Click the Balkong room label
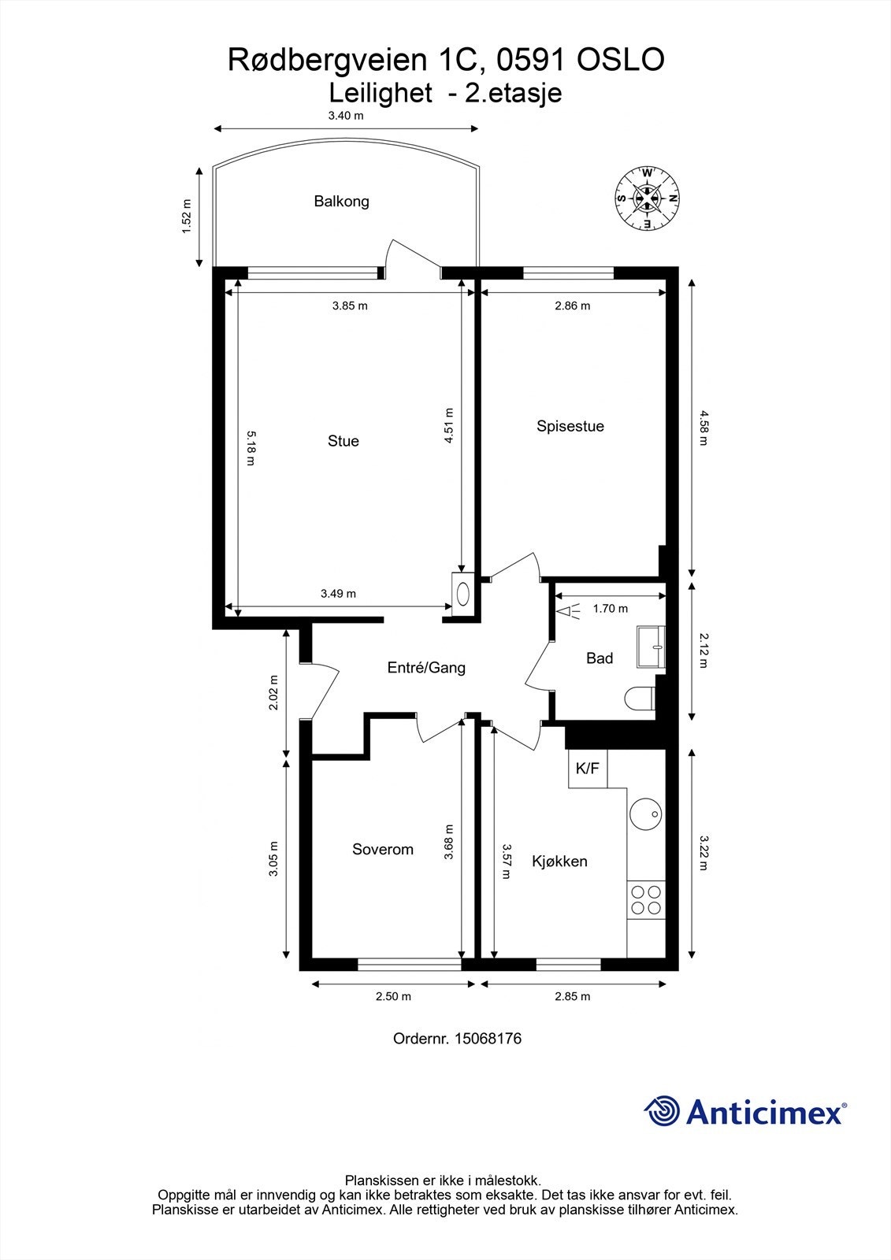coord(341,201)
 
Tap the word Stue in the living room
coord(343,441)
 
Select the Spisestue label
coord(570,426)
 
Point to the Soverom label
coord(383,849)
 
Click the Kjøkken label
coord(559,861)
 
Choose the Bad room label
coord(600,658)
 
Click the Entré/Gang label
coord(426,668)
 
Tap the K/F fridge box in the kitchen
coord(587,769)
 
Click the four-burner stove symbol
coord(645,899)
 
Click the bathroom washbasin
coord(651,646)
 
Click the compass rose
coord(647,198)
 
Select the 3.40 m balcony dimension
coord(346,116)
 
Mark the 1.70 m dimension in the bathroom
coord(611,608)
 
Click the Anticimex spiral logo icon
coord(662,1111)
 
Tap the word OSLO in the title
coord(622,60)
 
